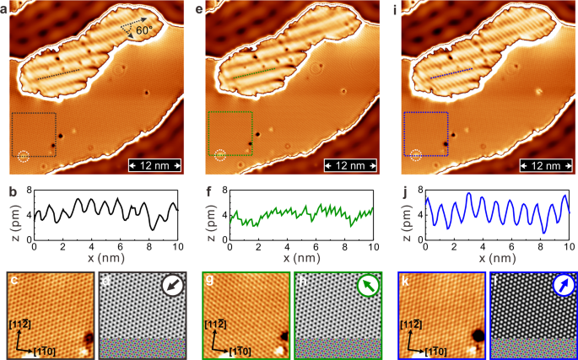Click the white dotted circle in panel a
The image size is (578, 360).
point(23,155)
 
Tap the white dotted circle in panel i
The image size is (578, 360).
point(415,155)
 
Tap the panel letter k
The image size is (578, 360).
point(405,278)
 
